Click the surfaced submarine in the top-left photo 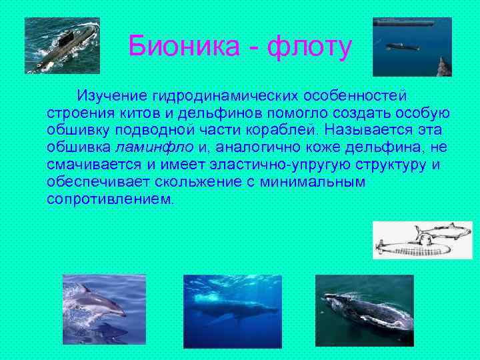click(x=63, y=47)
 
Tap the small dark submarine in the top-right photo click(x=403, y=46)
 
